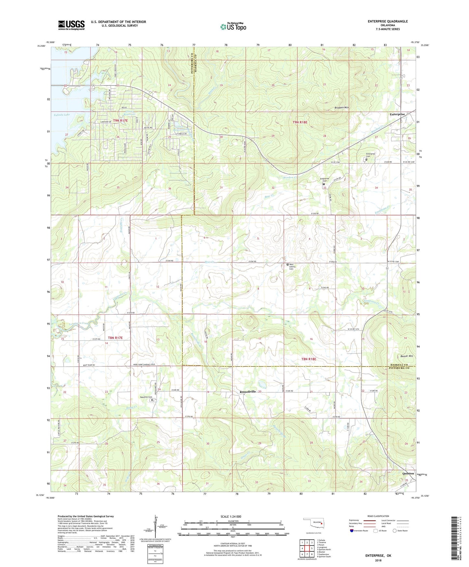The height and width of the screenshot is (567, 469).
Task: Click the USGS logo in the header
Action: (71, 25)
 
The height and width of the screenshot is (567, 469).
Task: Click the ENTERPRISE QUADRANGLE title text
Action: (388, 21)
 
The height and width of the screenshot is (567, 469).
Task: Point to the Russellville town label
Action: (248, 392)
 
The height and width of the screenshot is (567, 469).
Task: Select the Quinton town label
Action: (408, 473)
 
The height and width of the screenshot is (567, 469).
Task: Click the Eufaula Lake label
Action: (62, 115)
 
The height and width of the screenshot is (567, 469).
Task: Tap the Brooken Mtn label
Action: (342, 108)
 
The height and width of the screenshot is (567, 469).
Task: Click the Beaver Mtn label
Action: (406, 356)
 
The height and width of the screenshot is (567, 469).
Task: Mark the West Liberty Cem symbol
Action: (287, 265)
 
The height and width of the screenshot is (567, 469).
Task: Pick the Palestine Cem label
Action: (146, 397)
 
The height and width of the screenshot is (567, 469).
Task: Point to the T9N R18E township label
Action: (300, 122)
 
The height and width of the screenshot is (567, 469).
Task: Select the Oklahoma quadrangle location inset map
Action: (312, 524)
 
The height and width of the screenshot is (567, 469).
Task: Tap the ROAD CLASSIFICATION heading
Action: (378, 516)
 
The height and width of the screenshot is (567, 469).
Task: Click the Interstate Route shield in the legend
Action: (352, 531)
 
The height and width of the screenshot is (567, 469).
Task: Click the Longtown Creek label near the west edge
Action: (78, 324)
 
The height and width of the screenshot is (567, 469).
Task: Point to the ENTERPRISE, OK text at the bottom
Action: (378, 556)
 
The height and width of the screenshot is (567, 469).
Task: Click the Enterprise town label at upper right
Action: (397, 114)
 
